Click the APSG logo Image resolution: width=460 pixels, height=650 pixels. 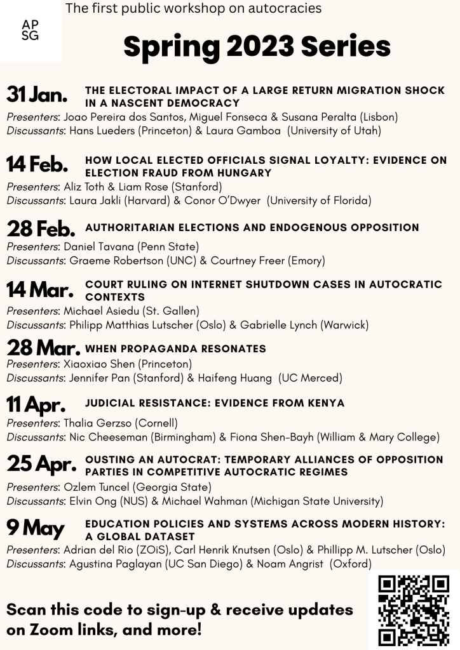30,30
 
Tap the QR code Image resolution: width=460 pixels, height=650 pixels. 414,610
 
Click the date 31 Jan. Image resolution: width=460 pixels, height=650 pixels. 37,96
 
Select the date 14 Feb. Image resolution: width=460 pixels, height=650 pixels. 37,164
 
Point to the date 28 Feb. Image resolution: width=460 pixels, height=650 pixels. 40,229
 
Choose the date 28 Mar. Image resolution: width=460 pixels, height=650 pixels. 43,348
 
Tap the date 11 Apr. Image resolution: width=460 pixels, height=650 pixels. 36,404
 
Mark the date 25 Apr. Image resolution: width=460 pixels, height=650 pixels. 40,465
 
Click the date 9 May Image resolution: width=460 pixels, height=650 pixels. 35,528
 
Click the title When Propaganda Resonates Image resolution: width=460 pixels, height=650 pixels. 175,348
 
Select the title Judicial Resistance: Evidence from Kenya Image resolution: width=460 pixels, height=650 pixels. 215,403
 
